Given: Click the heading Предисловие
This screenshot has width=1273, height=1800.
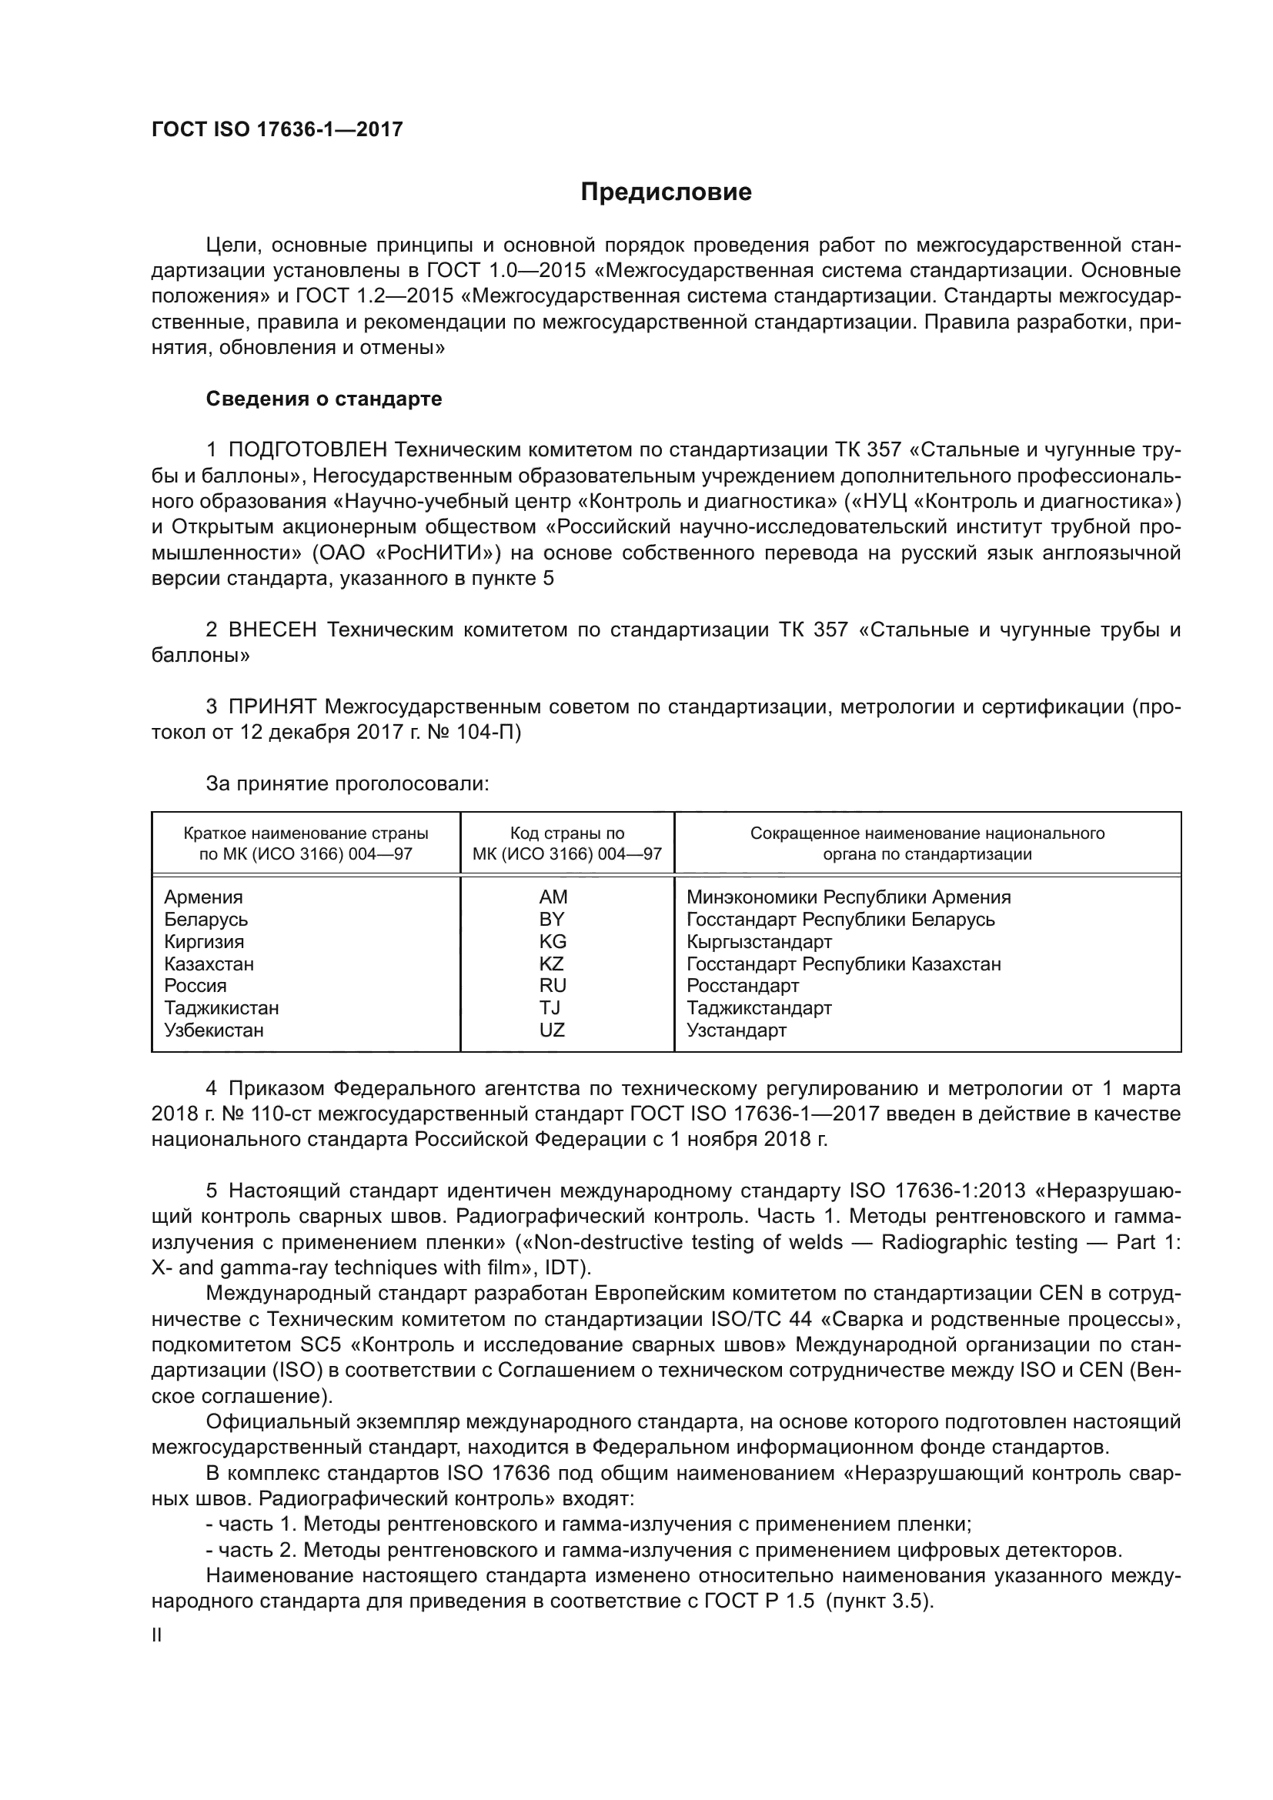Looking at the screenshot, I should (x=666, y=192).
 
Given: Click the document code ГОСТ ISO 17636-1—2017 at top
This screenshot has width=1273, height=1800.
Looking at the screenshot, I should (x=277, y=129).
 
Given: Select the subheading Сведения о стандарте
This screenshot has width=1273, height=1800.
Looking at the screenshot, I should (x=324, y=399).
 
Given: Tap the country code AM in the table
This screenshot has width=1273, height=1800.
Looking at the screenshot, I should (x=553, y=897).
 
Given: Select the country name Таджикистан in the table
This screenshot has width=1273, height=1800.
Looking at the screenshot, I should (x=221, y=1008).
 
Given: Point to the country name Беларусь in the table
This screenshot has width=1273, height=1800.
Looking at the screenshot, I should (x=205, y=920).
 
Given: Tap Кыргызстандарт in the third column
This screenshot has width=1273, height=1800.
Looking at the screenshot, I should (x=759, y=941).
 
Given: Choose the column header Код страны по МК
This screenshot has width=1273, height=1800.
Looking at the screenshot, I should (x=566, y=843).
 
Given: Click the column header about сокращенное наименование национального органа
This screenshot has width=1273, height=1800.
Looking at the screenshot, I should (x=927, y=843).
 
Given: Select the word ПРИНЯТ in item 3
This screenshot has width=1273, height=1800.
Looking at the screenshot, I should (x=272, y=707).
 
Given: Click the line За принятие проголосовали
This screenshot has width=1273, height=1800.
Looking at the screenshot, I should (x=347, y=784).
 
